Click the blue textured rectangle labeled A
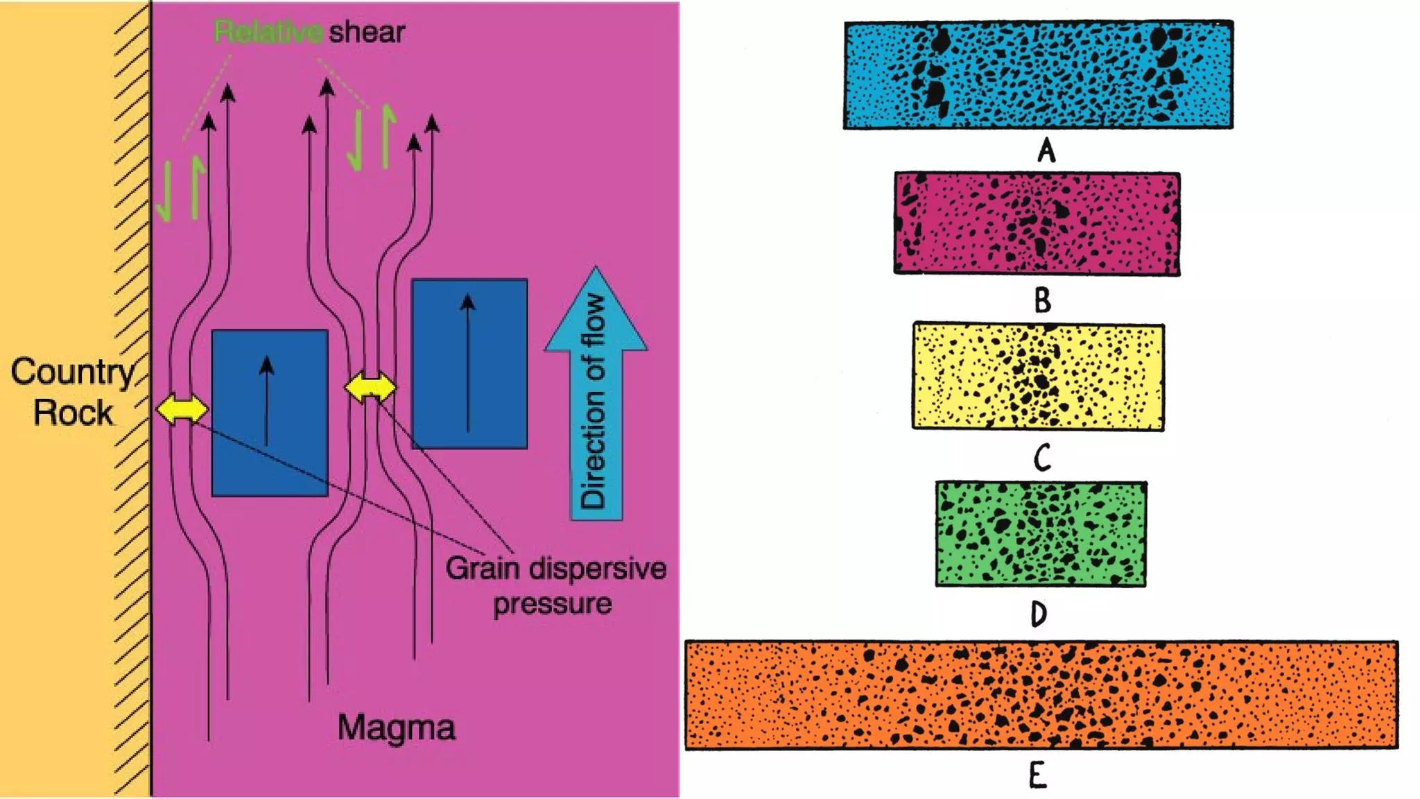point(1038,75)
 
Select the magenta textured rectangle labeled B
point(1037,223)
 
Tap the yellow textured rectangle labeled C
point(1038,377)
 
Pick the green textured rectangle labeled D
point(1040,534)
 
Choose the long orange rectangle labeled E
point(1041,695)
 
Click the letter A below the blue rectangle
point(1046,150)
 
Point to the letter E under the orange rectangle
point(1037,775)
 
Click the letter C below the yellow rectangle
point(1042,458)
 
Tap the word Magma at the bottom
point(396,728)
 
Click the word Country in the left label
point(72,372)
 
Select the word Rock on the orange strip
point(73,413)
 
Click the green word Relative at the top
point(268,32)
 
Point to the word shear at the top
point(367,32)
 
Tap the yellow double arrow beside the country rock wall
point(182,409)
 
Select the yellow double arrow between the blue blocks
point(370,388)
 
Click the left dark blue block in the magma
point(270,413)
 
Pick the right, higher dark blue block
point(469,364)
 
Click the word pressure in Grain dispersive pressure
point(552,604)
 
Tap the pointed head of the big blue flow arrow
point(596,305)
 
